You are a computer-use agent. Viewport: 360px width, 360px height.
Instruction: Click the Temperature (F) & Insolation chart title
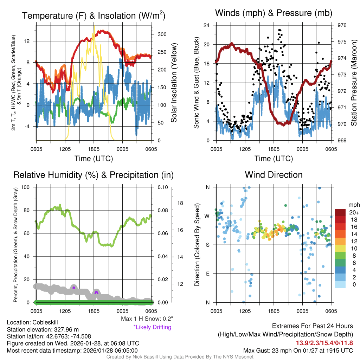94,16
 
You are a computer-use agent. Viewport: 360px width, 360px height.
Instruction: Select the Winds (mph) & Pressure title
274,13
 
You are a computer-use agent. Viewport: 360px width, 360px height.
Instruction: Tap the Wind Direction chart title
274,175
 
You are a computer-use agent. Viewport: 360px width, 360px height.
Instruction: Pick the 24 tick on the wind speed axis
207,25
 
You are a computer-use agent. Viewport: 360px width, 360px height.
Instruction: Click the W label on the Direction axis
207,216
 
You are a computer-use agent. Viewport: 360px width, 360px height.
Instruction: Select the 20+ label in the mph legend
354,212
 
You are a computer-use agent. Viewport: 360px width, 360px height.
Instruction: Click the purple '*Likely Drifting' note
152,327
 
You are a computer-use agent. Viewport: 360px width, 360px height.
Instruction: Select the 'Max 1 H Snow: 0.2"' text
147,319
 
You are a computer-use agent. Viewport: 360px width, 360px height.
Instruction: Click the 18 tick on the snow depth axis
180,203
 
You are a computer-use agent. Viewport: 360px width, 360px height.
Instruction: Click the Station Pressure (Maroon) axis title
354,83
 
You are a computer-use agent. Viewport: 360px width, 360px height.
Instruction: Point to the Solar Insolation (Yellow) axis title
174,83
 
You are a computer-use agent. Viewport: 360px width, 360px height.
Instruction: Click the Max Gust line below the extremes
298,351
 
